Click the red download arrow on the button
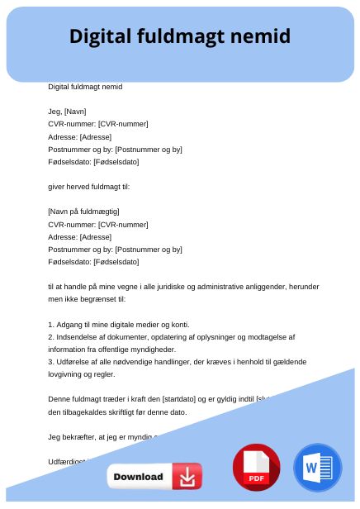click(x=187, y=477)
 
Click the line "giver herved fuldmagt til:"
click(x=89, y=186)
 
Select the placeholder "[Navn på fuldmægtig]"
click(x=83, y=211)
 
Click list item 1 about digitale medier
click(x=118, y=325)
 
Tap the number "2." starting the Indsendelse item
click(x=52, y=337)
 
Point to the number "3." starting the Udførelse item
click(x=52, y=362)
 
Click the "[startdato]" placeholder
click(x=191, y=399)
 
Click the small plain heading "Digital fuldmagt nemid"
click(x=85, y=86)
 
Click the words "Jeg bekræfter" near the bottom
click(x=72, y=436)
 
